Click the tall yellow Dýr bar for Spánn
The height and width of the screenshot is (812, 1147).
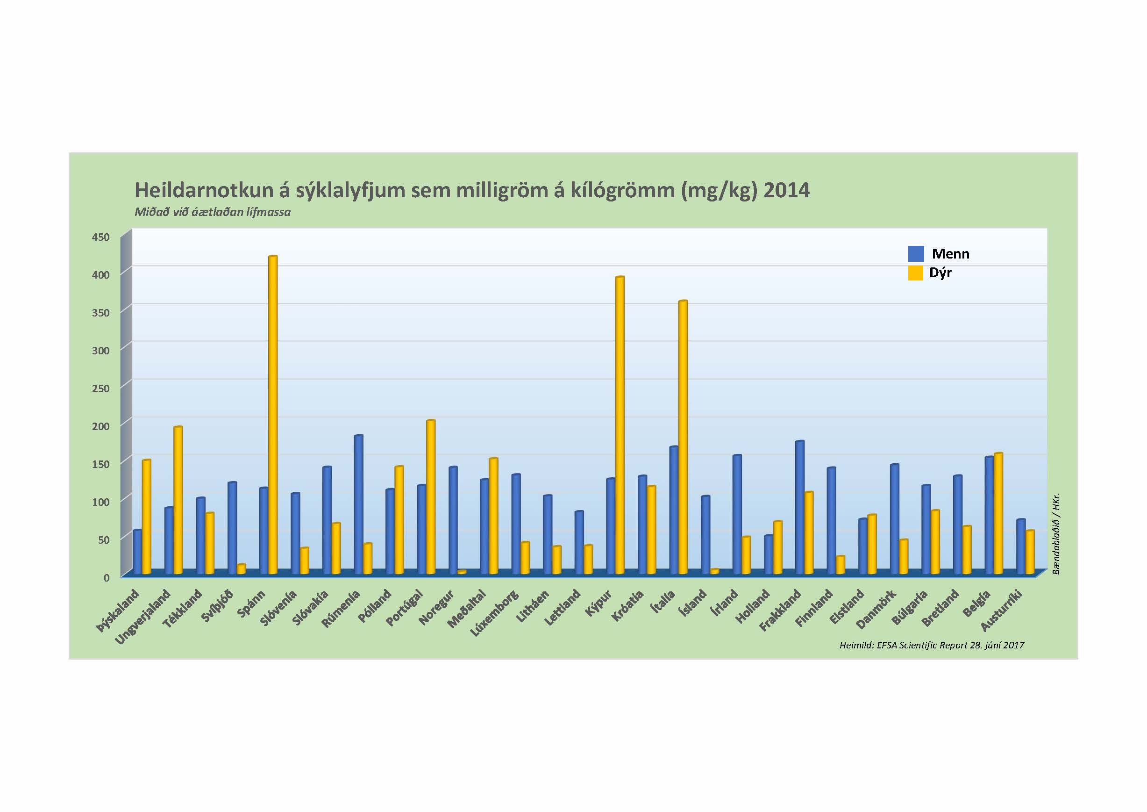click(273, 415)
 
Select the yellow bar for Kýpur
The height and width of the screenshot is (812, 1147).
click(620, 425)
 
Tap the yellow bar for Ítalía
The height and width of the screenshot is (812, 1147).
click(683, 438)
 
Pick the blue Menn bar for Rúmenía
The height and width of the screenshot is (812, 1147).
click(358, 505)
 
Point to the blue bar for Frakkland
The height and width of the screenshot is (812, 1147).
click(800, 508)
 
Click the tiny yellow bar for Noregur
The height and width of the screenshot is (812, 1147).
click(462, 572)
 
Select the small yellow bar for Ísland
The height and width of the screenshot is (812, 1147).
click(715, 571)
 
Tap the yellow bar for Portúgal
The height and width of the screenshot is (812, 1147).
click(431, 497)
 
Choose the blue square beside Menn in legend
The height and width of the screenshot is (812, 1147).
click(916, 253)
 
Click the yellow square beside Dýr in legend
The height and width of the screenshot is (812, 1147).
click(916, 273)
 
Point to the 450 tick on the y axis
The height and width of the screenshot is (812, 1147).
click(100, 237)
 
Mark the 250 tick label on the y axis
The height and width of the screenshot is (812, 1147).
click(100, 388)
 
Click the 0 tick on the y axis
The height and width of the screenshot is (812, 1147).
click(106, 577)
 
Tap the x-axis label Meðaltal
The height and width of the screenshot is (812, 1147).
click(467, 609)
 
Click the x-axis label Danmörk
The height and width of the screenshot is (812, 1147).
click(877, 610)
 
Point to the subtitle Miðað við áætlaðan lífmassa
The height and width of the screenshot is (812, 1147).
click(213, 212)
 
